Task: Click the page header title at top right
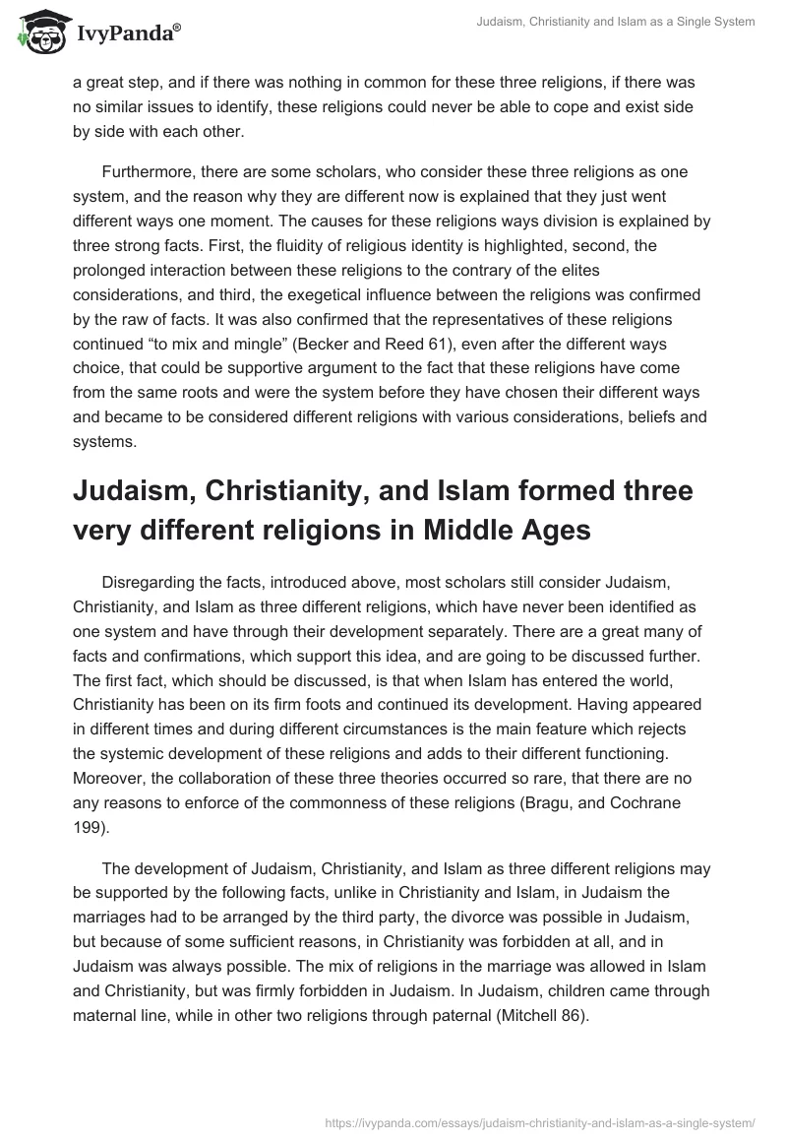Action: pyautogui.click(x=615, y=22)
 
